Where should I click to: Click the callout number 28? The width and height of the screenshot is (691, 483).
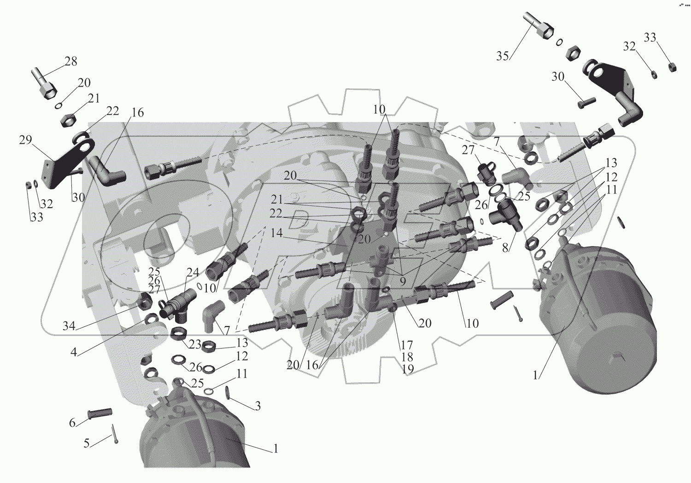pos(71,61)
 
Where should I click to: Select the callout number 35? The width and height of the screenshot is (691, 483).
pos(503,56)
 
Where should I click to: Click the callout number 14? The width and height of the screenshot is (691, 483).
pos(276,233)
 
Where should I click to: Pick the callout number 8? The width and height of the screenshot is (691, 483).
pos(505,248)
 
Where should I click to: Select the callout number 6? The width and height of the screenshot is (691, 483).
pos(72,423)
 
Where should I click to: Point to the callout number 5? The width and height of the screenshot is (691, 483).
pos(86,443)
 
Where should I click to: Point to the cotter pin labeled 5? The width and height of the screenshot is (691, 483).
pos(114,434)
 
